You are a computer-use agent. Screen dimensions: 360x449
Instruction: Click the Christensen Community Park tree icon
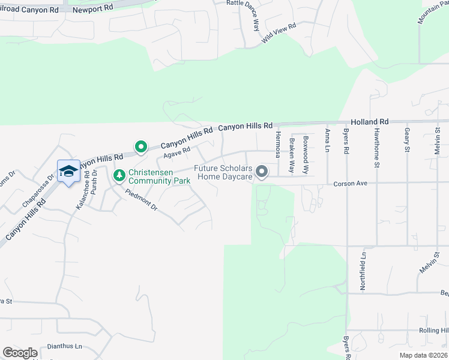click(x=118, y=175)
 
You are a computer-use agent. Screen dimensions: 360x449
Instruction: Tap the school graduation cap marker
click(x=68, y=172)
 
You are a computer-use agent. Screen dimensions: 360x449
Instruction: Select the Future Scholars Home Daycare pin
click(x=262, y=172)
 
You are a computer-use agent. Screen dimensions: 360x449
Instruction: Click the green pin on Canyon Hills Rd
click(x=141, y=146)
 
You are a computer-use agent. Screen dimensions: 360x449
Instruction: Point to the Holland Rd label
click(x=370, y=122)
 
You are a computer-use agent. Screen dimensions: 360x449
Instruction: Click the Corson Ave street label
click(x=353, y=183)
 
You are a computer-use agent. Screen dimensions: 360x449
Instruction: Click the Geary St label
click(x=407, y=140)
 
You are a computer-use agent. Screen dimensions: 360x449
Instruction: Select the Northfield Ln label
click(x=363, y=271)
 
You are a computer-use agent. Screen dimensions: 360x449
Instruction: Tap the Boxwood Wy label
click(x=306, y=146)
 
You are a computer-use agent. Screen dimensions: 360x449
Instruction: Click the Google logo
click(x=20, y=353)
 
